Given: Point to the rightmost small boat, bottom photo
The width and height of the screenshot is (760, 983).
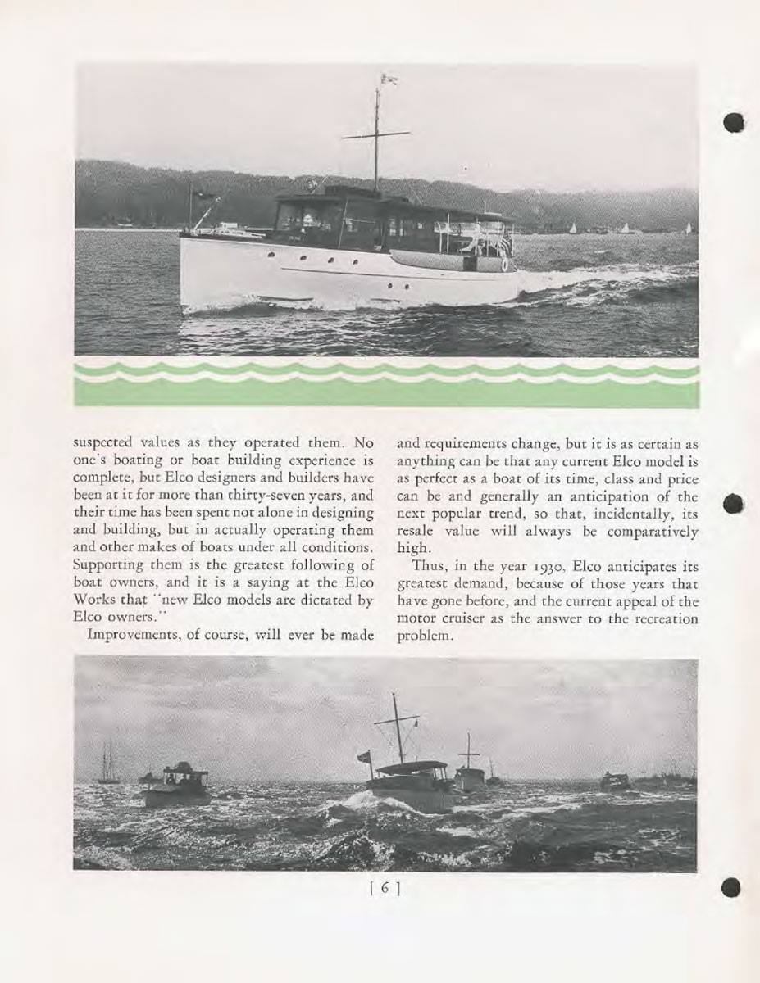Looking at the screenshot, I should (614, 781).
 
